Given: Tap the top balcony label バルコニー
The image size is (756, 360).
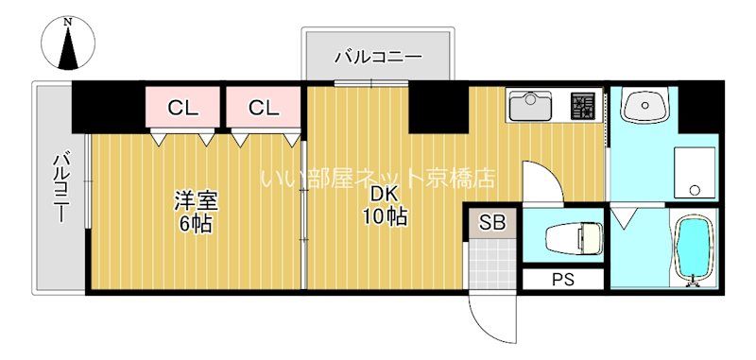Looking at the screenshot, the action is (x=378, y=58).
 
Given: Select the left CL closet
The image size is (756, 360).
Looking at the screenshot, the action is (x=183, y=108).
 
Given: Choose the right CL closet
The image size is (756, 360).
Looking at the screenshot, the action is (x=264, y=108).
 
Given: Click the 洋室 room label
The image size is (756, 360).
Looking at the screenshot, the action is (x=196, y=201).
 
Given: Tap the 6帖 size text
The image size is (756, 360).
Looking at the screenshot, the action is (x=196, y=224).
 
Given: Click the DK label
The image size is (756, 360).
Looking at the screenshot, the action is (x=384, y=194).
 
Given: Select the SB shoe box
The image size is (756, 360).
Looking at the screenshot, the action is (x=492, y=224).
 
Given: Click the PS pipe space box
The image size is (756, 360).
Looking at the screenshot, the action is (x=564, y=280).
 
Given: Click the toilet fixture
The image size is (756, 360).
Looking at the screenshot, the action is (x=573, y=238).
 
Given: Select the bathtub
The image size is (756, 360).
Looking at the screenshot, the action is (x=696, y=248).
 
